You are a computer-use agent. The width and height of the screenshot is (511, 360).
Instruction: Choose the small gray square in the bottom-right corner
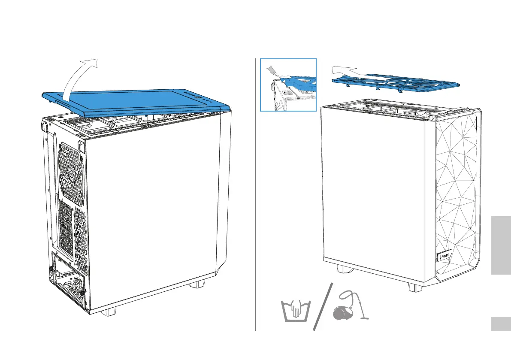coord(500,324)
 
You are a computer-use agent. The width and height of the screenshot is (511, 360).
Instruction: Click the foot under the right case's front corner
coord(415,287)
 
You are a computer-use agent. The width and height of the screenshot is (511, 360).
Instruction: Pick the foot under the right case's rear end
coord(343,269)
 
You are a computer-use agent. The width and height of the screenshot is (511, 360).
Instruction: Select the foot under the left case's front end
coord(197,284)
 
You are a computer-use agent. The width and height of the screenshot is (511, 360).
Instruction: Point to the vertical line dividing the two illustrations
coord(256,193)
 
